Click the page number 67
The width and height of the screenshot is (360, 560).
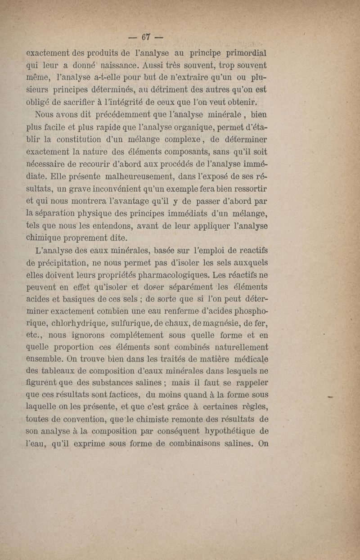[146, 36]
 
